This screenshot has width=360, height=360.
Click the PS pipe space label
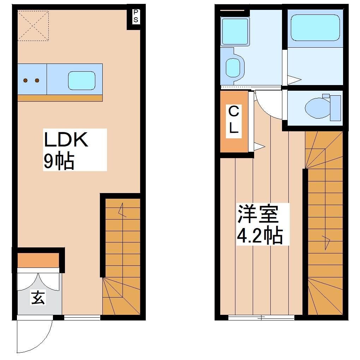136,16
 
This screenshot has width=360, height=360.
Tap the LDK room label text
66,140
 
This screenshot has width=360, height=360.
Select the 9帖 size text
59,162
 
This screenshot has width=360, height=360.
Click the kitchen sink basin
82,79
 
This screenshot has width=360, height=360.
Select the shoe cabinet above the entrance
38,260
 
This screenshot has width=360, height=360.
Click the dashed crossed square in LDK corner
33,25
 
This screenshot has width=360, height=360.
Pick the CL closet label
233,120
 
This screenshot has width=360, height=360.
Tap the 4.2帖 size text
260,235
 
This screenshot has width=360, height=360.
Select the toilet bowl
317,107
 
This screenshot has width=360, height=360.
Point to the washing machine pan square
234,31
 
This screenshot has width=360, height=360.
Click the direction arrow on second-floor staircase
326,242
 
